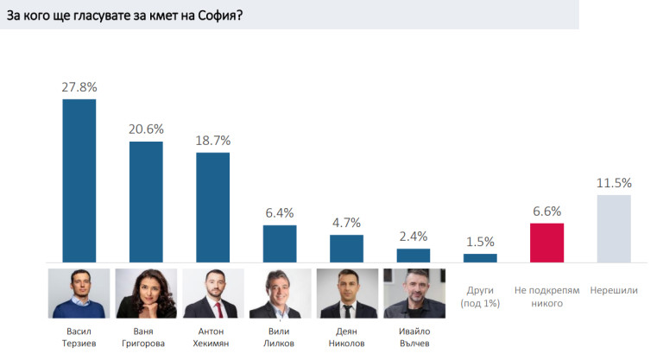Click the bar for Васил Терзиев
click(79, 180)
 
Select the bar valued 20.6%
click(146, 201)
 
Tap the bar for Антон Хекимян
click(213, 207)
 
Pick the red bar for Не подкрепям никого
click(547, 243)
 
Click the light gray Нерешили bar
click(614, 228)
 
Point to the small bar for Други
click(480, 257)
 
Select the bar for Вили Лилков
click(280, 243)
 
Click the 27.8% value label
click(79, 87)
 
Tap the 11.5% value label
click(614, 183)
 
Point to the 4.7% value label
click(346, 223)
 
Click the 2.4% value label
click(414, 237)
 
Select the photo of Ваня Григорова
click(146, 294)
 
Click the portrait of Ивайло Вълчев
click(414, 294)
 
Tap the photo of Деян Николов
click(346, 294)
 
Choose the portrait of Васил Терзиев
click(79, 294)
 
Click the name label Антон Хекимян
click(213, 336)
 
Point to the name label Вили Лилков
click(280, 336)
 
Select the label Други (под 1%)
click(480, 296)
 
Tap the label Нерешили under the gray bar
click(614, 290)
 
